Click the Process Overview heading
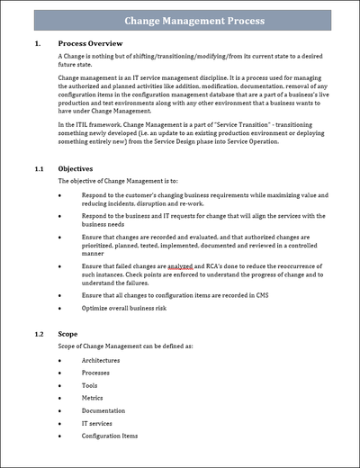coord(91,42)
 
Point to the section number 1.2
coord(39,334)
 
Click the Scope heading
coord(69,334)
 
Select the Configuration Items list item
coord(110,436)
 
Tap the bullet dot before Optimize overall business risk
coord(59,308)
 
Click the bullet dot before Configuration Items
coord(59,436)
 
